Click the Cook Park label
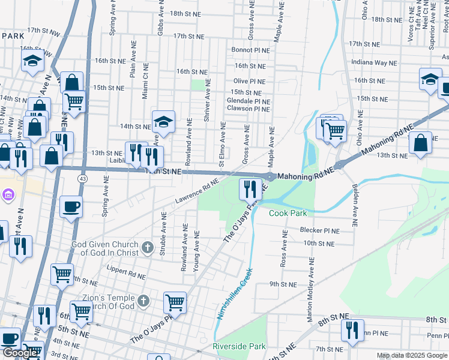click(x=288, y=214)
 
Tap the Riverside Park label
click(x=239, y=346)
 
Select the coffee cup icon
click(x=71, y=207)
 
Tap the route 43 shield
click(x=82, y=179)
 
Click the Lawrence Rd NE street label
click(x=194, y=191)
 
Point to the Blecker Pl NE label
click(x=321, y=230)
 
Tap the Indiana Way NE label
click(x=375, y=62)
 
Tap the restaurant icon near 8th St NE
click(x=352, y=330)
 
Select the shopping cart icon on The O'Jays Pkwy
click(x=175, y=302)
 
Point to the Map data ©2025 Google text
click(x=412, y=355)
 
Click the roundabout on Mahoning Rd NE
click(x=271, y=177)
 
